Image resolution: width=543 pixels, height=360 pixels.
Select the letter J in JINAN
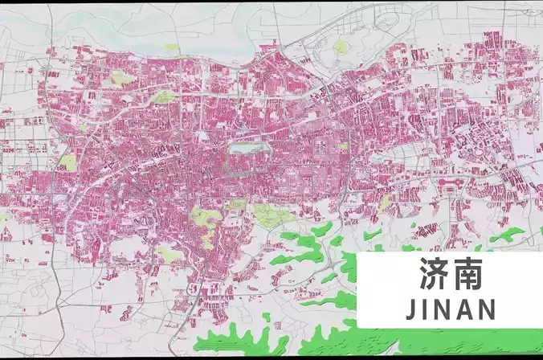coord(411,309)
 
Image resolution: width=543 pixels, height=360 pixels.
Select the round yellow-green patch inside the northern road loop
coord(341,47)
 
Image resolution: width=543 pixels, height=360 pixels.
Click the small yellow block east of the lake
coord(343,146)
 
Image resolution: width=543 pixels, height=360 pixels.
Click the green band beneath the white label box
coord(450,342)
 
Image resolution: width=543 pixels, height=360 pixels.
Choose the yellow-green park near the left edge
coord(67,162)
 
